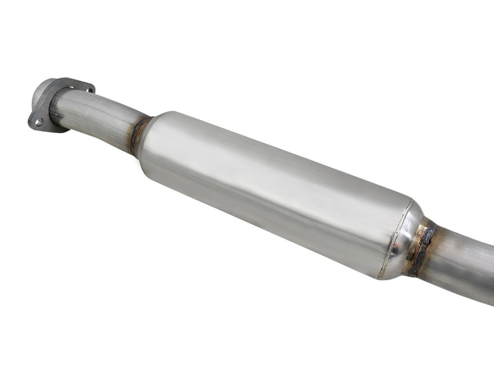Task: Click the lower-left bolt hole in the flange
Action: [x=39, y=122]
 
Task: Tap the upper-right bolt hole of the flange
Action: [x=87, y=89]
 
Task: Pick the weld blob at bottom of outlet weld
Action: [x=412, y=273]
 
